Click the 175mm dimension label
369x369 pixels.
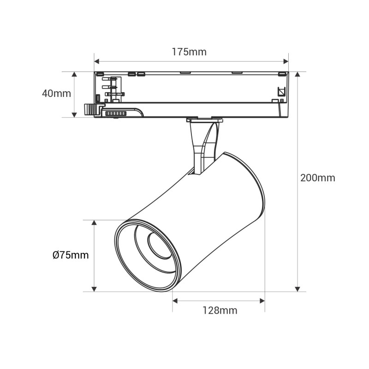(x=189, y=52)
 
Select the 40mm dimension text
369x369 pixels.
(x=56, y=94)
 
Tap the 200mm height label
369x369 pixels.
(x=318, y=178)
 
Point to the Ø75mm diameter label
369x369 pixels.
(x=71, y=255)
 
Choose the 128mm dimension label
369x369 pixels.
(x=220, y=310)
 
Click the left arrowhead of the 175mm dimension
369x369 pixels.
(x=96, y=62)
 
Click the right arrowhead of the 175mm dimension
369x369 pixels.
(x=286, y=62)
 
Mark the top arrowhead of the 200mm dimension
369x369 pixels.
(x=298, y=74)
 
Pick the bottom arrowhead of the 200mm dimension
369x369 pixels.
(x=298, y=289)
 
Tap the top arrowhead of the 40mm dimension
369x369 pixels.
(x=74, y=74)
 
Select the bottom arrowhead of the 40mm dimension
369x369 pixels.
(x=74, y=115)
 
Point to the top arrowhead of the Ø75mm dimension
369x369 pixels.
(x=94, y=223)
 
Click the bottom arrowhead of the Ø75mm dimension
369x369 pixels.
(x=94, y=289)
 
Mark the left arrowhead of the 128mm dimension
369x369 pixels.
(x=175, y=301)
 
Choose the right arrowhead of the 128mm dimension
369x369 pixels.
(x=262, y=301)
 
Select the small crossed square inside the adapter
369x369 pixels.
(x=281, y=91)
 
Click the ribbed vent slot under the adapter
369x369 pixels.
(x=116, y=113)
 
